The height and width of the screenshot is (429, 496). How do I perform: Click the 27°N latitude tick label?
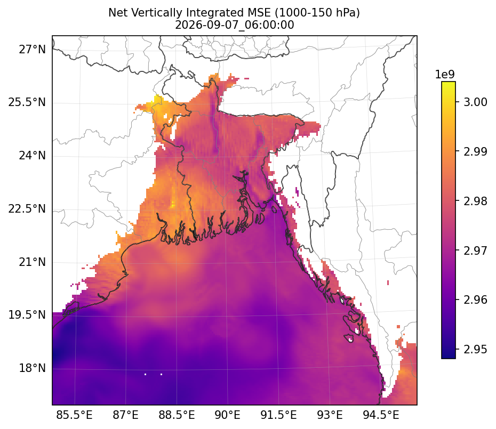point(32,50)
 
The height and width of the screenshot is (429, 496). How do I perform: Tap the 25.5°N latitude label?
point(27,102)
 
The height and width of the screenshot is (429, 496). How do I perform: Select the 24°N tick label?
point(32,156)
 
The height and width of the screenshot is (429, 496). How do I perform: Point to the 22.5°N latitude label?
point(27,209)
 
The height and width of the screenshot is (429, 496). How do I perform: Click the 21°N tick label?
point(32,262)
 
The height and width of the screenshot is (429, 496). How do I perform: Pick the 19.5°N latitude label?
point(27,315)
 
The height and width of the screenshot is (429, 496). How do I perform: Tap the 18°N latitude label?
point(32,368)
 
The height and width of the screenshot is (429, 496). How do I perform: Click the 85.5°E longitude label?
point(74,415)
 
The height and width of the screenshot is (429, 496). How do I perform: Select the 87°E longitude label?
point(125,415)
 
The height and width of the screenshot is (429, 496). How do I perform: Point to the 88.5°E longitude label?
point(177,415)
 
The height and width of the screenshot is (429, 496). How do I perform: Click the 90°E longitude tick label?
point(227,415)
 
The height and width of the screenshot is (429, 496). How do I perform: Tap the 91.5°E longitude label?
point(278,415)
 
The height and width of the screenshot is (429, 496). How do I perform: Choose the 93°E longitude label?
point(330,415)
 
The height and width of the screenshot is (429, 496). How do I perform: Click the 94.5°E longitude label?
point(381,415)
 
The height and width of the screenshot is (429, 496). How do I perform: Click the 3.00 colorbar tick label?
point(475,102)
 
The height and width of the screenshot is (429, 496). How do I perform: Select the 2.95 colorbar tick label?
point(475,350)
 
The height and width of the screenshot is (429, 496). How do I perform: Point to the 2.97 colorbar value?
point(475,250)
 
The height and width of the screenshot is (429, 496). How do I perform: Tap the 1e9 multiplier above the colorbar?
point(445,75)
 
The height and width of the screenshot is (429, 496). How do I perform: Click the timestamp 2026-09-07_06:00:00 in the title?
point(234,25)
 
